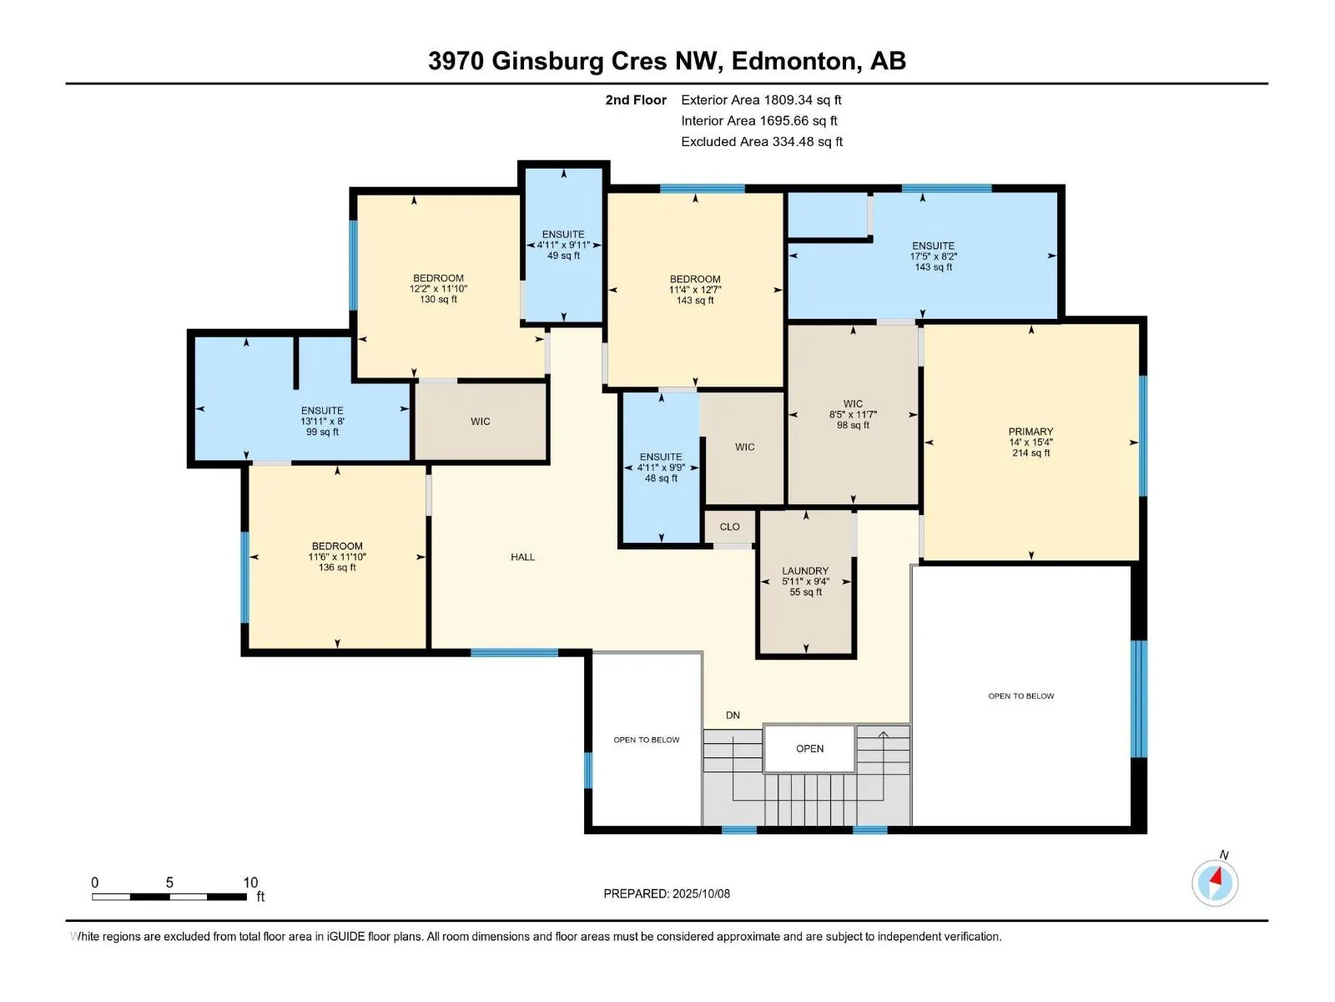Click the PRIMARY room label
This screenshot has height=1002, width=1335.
[x=1030, y=432]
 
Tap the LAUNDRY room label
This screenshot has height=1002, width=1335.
[x=805, y=570]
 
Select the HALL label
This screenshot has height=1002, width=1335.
[x=522, y=557]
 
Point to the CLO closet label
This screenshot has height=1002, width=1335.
[x=729, y=527]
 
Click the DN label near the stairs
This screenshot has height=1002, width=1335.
[x=733, y=716]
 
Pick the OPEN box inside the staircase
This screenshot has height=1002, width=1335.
[x=809, y=749]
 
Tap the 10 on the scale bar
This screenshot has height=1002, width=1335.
[x=250, y=882]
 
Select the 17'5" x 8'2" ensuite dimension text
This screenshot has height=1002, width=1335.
[x=933, y=256]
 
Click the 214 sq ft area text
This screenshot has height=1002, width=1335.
[x=1030, y=453]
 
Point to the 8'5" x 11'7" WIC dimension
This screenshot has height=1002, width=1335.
[x=853, y=414]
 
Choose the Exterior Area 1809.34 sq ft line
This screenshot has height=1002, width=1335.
[x=761, y=99]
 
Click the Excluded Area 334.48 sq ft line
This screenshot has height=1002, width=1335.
[x=762, y=142]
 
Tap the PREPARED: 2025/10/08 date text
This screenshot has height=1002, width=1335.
[x=667, y=893]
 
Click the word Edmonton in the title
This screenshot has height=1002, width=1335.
[x=795, y=62]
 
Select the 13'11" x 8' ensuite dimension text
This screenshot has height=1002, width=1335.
[x=322, y=421]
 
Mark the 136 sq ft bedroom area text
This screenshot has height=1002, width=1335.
[x=337, y=568]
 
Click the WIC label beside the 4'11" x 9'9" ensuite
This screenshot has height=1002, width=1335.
[x=744, y=448]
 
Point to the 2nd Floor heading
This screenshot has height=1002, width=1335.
[x=636, y=99]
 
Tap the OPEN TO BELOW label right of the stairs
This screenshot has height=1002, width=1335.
[x=1020, y=696]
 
